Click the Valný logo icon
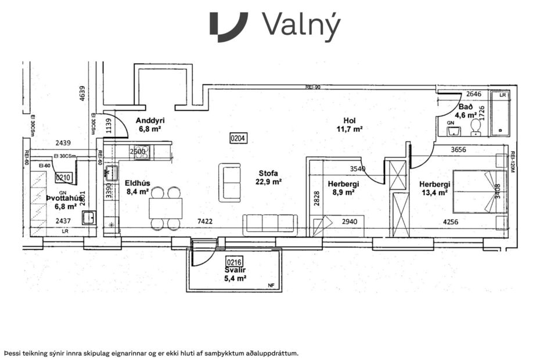tap(229, 27)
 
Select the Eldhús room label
tap(138, 183)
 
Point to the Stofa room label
tap(269, 173)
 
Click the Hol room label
tap(349, 121)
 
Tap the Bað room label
tap(466, 107)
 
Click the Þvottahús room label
tap(63, 197)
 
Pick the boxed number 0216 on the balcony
tap(235, 262)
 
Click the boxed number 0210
tap(63, 178)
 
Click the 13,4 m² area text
tap(434, 193)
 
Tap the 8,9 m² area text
tap(342, 193)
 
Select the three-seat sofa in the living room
tap(270, 224)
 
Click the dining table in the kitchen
tap(165, 208)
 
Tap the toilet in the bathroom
tap(476, 127)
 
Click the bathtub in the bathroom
tap(499, 113)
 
